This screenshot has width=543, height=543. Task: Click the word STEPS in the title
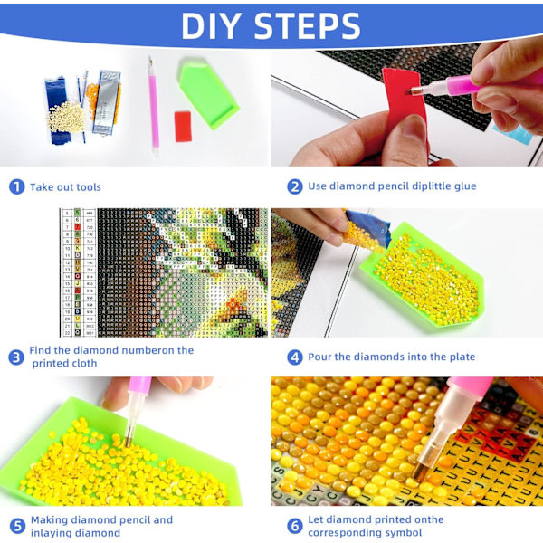[x=308, y=26]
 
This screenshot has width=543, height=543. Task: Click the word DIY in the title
[x=211, y=26]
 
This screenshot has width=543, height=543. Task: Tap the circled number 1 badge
[x=16, y=186]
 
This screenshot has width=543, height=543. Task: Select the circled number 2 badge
[x=295, y=186]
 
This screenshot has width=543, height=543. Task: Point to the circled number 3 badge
[x=16, y=357]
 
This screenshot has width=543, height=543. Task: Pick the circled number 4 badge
[x=295, y=357]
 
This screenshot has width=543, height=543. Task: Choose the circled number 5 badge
[x=17, y=526]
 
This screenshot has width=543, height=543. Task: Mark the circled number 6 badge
[x=295, y=526]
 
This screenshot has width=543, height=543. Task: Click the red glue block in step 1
[x=183, y=127]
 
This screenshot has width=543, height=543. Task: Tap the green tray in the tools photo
[x=208, y=93]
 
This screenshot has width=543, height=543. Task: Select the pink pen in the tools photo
[x=154, y=106]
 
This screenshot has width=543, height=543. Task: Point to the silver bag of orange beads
[x=104, y=102]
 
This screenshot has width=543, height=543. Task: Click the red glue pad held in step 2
[x=405, y=100]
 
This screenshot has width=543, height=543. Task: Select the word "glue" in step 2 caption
[x=465, y=186]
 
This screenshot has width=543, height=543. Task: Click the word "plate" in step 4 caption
[x=462, y=357]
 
